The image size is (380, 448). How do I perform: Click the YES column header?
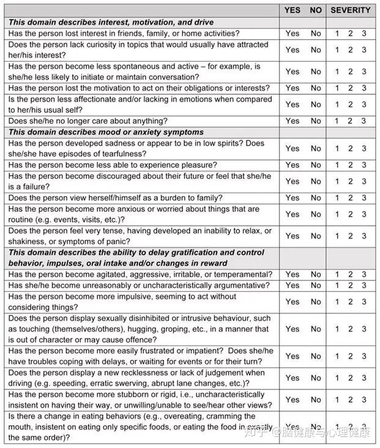tap(292, 10)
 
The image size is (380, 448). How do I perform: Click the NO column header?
tap(316, 10)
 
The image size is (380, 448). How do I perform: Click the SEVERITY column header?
tap(351, 10)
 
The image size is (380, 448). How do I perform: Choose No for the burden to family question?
tap(316, 198)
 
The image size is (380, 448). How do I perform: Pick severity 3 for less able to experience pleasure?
tap(364, 165)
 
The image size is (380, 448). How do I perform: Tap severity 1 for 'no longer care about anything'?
tap(337, 121)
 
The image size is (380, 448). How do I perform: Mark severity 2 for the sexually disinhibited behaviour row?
tap(351, 329)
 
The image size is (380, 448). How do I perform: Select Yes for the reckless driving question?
tap(292, 378)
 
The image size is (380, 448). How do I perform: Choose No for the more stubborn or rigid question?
tap(316, 400)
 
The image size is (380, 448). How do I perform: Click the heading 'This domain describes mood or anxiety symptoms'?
tap(106, 132)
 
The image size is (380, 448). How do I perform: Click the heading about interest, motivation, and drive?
tap(111, 22)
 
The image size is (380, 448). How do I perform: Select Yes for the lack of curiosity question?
tap(292, 50)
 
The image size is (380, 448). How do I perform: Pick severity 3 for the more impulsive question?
tap(364, 301)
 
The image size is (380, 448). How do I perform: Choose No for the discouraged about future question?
tap(316, 181)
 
